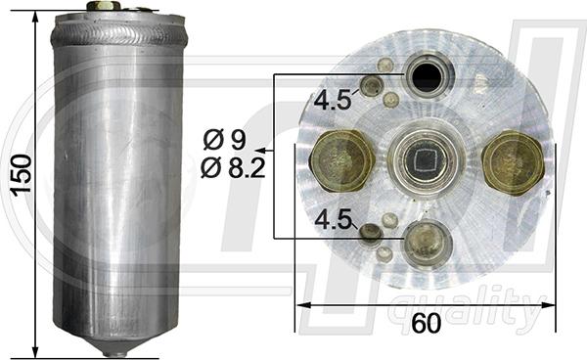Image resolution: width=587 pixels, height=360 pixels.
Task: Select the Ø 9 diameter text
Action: pyautogui.click(x=228, y=140)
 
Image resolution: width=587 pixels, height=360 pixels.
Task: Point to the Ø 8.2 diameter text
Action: pyautogui.click(x=232, y=167)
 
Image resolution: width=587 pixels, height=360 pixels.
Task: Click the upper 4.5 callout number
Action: pyautogui.click(x=333, y=99)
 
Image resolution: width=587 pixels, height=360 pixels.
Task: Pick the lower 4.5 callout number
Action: pyautogui.click(x=333, y=221)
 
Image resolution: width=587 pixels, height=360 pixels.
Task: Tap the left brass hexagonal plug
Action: pyautogui.click(x=339, y=160)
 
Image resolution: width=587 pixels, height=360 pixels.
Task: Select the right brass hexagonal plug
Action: pyautogui.click(x=514, y=161)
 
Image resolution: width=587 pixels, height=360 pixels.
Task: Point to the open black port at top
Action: pyautogui.click(x=428, y=75)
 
